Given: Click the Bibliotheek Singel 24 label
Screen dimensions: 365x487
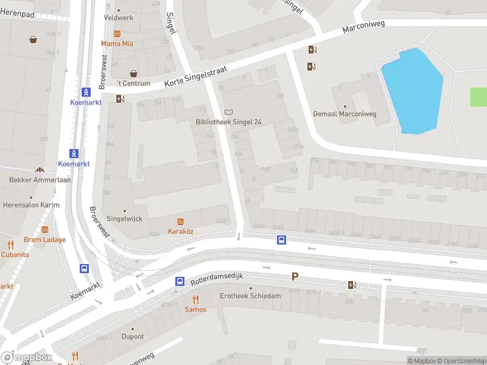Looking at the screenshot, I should point(228,122).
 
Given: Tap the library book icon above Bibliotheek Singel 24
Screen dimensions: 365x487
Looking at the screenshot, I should point(228,112).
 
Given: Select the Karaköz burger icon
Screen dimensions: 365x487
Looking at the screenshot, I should point(180,221).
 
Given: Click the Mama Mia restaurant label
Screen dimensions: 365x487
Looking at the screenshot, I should point(117,44).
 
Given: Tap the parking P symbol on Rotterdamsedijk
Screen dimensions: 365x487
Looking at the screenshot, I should point(295,276).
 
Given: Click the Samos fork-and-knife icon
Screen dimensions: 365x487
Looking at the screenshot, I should point(195,299).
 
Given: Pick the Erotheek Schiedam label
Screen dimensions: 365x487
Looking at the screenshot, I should point(250,296).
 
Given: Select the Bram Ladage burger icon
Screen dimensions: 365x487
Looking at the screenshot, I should point(44,229).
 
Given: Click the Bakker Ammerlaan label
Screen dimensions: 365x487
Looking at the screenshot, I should point(40,180).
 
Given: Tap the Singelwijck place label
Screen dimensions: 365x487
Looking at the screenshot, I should point(124,218).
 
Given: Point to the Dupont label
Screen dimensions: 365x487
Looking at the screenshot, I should point(132,336).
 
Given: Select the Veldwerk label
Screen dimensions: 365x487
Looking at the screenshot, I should point(118,18).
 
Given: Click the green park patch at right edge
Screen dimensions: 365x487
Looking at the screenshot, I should point(479,97).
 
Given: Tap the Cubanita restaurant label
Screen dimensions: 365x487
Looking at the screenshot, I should point(14,255).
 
